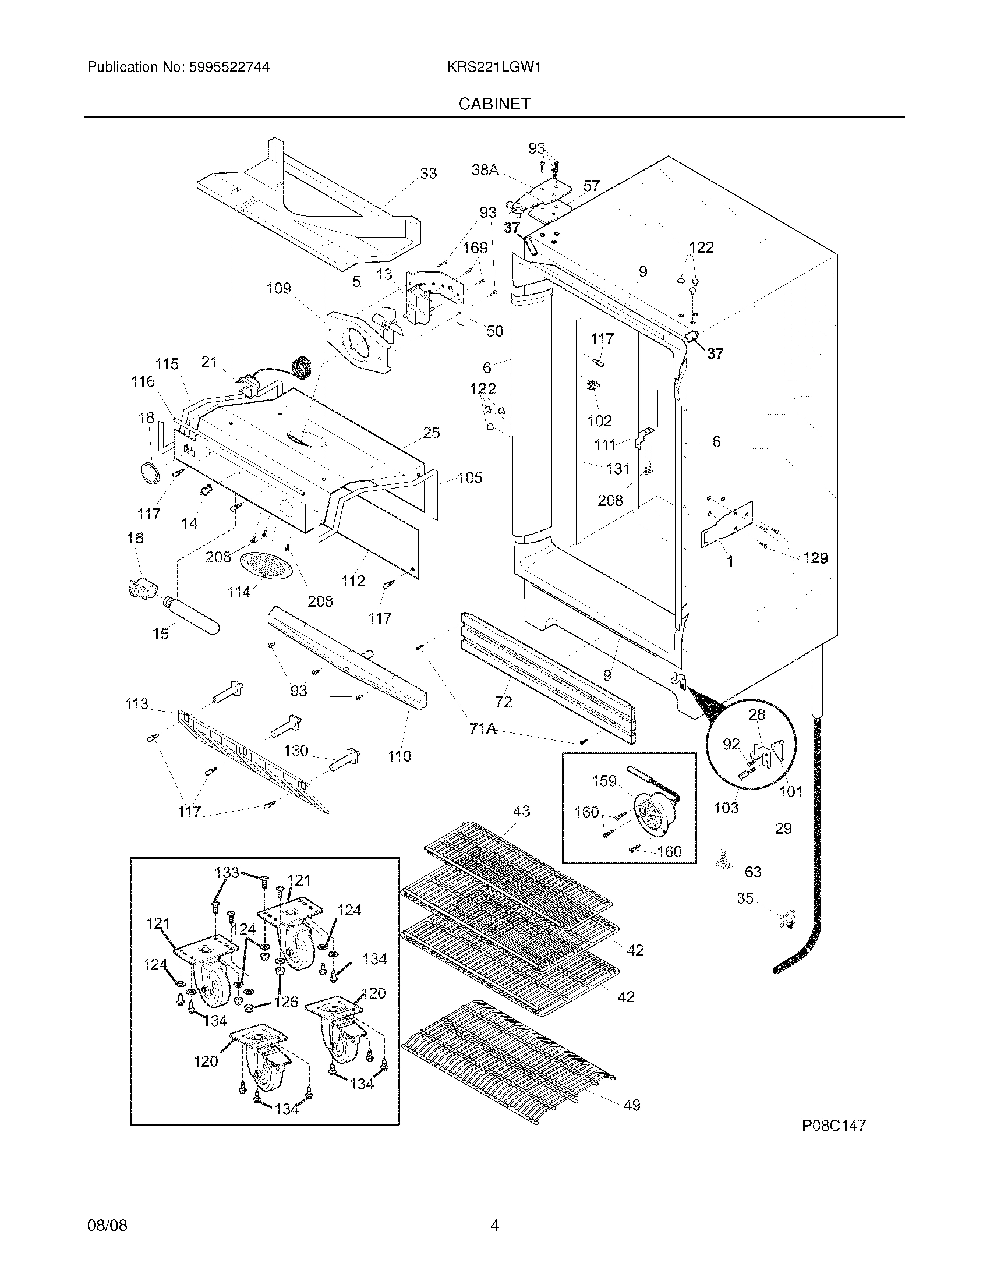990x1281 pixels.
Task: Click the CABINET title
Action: click(x=494, y=104)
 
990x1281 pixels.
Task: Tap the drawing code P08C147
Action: click(x=833, y=1125)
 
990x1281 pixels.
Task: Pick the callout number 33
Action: click(x=428, y=174)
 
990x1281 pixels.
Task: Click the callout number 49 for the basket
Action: click(x=632, y=1105)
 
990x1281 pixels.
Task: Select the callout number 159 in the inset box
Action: click(x=604, y=781)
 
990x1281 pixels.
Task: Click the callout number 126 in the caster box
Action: click(x=285, y=1002)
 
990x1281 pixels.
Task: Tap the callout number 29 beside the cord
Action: click(x=783, y=828)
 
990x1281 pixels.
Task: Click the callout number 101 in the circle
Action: click(x=791, y=791)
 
